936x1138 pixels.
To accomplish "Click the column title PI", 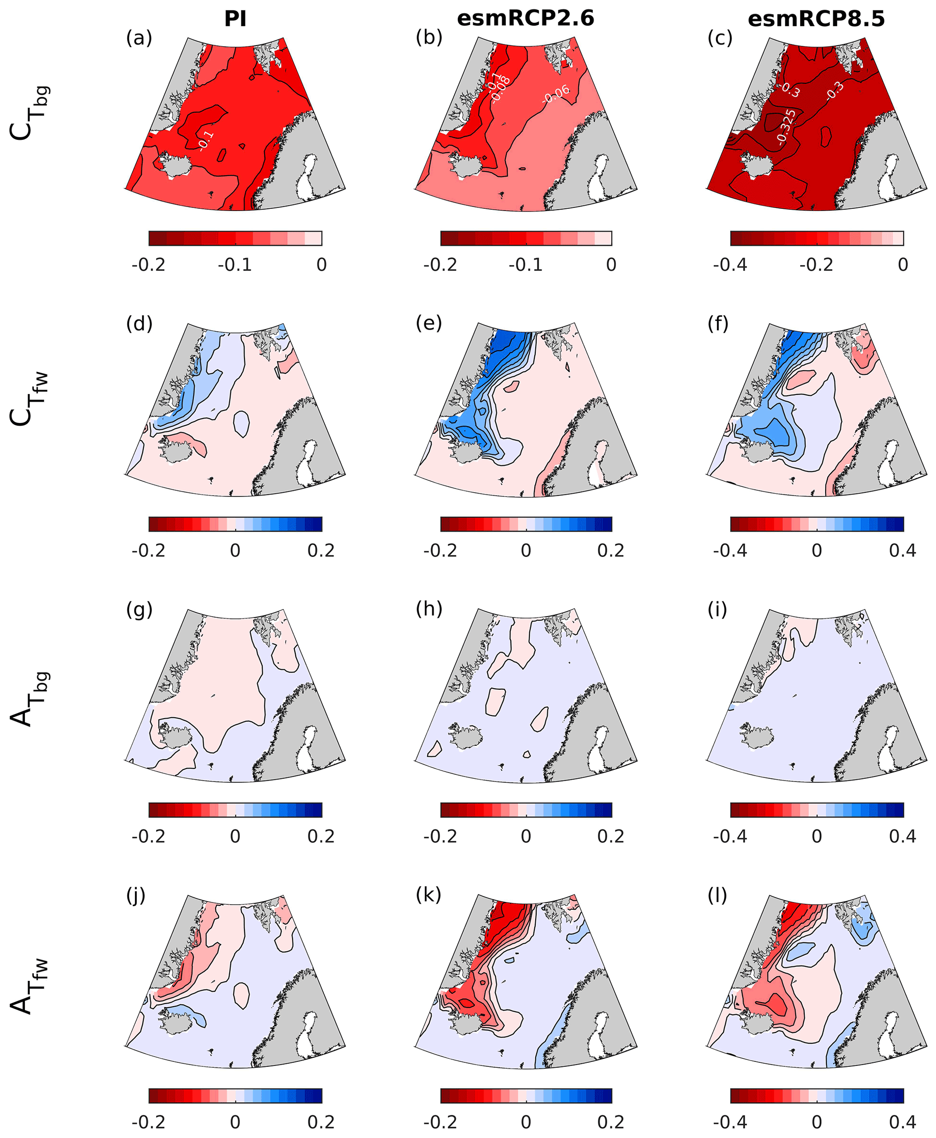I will coord(235,19).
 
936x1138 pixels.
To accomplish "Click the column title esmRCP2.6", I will coord(525,19).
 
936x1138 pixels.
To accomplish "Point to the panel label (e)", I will coord(429,323).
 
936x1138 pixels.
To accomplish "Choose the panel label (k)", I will coord(429,895).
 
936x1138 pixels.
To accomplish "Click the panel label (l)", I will coord(717,895).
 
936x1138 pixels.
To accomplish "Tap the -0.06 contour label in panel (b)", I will coord(556,94).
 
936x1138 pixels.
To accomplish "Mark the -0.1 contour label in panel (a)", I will coord(206,140).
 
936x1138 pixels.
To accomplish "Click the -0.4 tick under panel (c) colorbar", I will coord(730,265).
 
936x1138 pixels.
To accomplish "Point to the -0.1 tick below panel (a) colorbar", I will coord(235,265).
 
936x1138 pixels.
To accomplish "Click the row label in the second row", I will coord(29,399).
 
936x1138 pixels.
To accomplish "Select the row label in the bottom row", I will coord(29,986).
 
